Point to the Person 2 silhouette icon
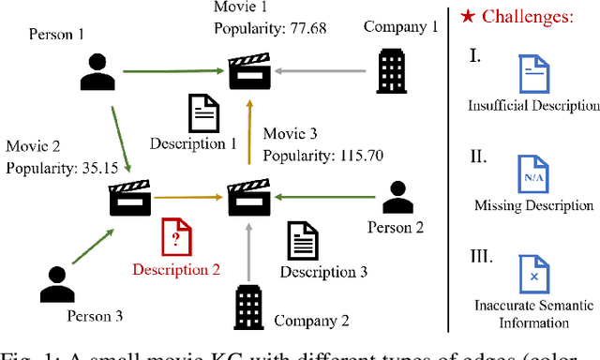[x=400, y=195]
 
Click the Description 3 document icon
[x=300, y=242]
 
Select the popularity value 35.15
[x=97, y=169]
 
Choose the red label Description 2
[x=175, y=270]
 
